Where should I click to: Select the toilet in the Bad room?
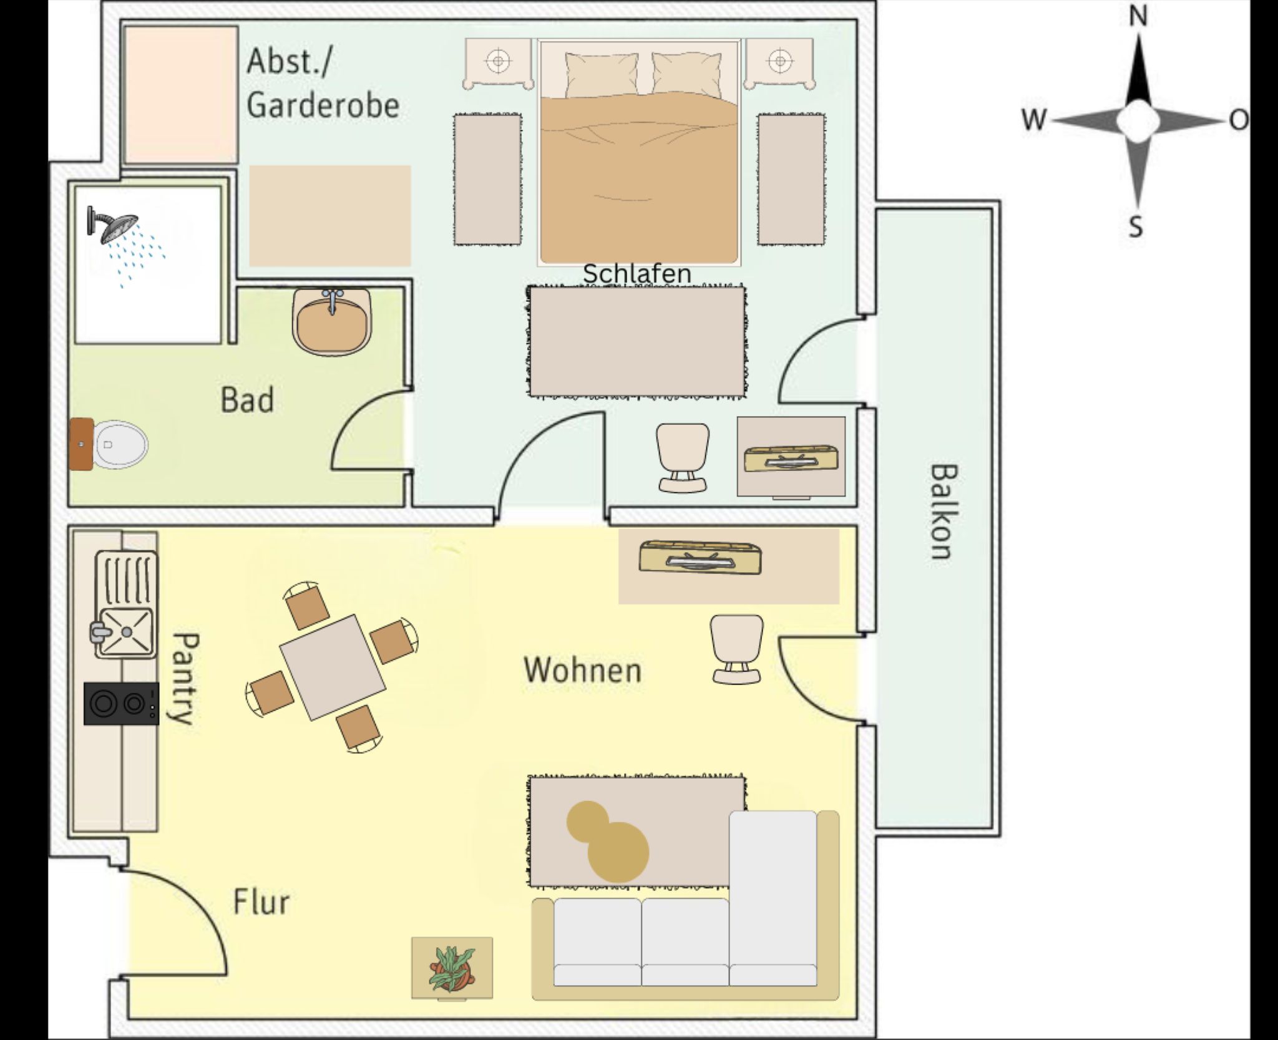(x=119, y=444)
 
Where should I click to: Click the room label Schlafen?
(x=637, y=273)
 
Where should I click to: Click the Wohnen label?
(x=582, y=670)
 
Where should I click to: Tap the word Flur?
(x=261, y=902)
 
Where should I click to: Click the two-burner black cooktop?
(x=121, y=703)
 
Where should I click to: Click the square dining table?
(x=332, y=667)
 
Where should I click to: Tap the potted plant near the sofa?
(x=452, y=968)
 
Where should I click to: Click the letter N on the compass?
(x=1138, y=17)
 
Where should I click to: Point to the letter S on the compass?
(x=1136, y=226)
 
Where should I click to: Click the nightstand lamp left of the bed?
(x=498, y=61)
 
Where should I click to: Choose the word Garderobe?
(x=323, y=104)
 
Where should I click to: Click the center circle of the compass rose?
(x=1138, y=121)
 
